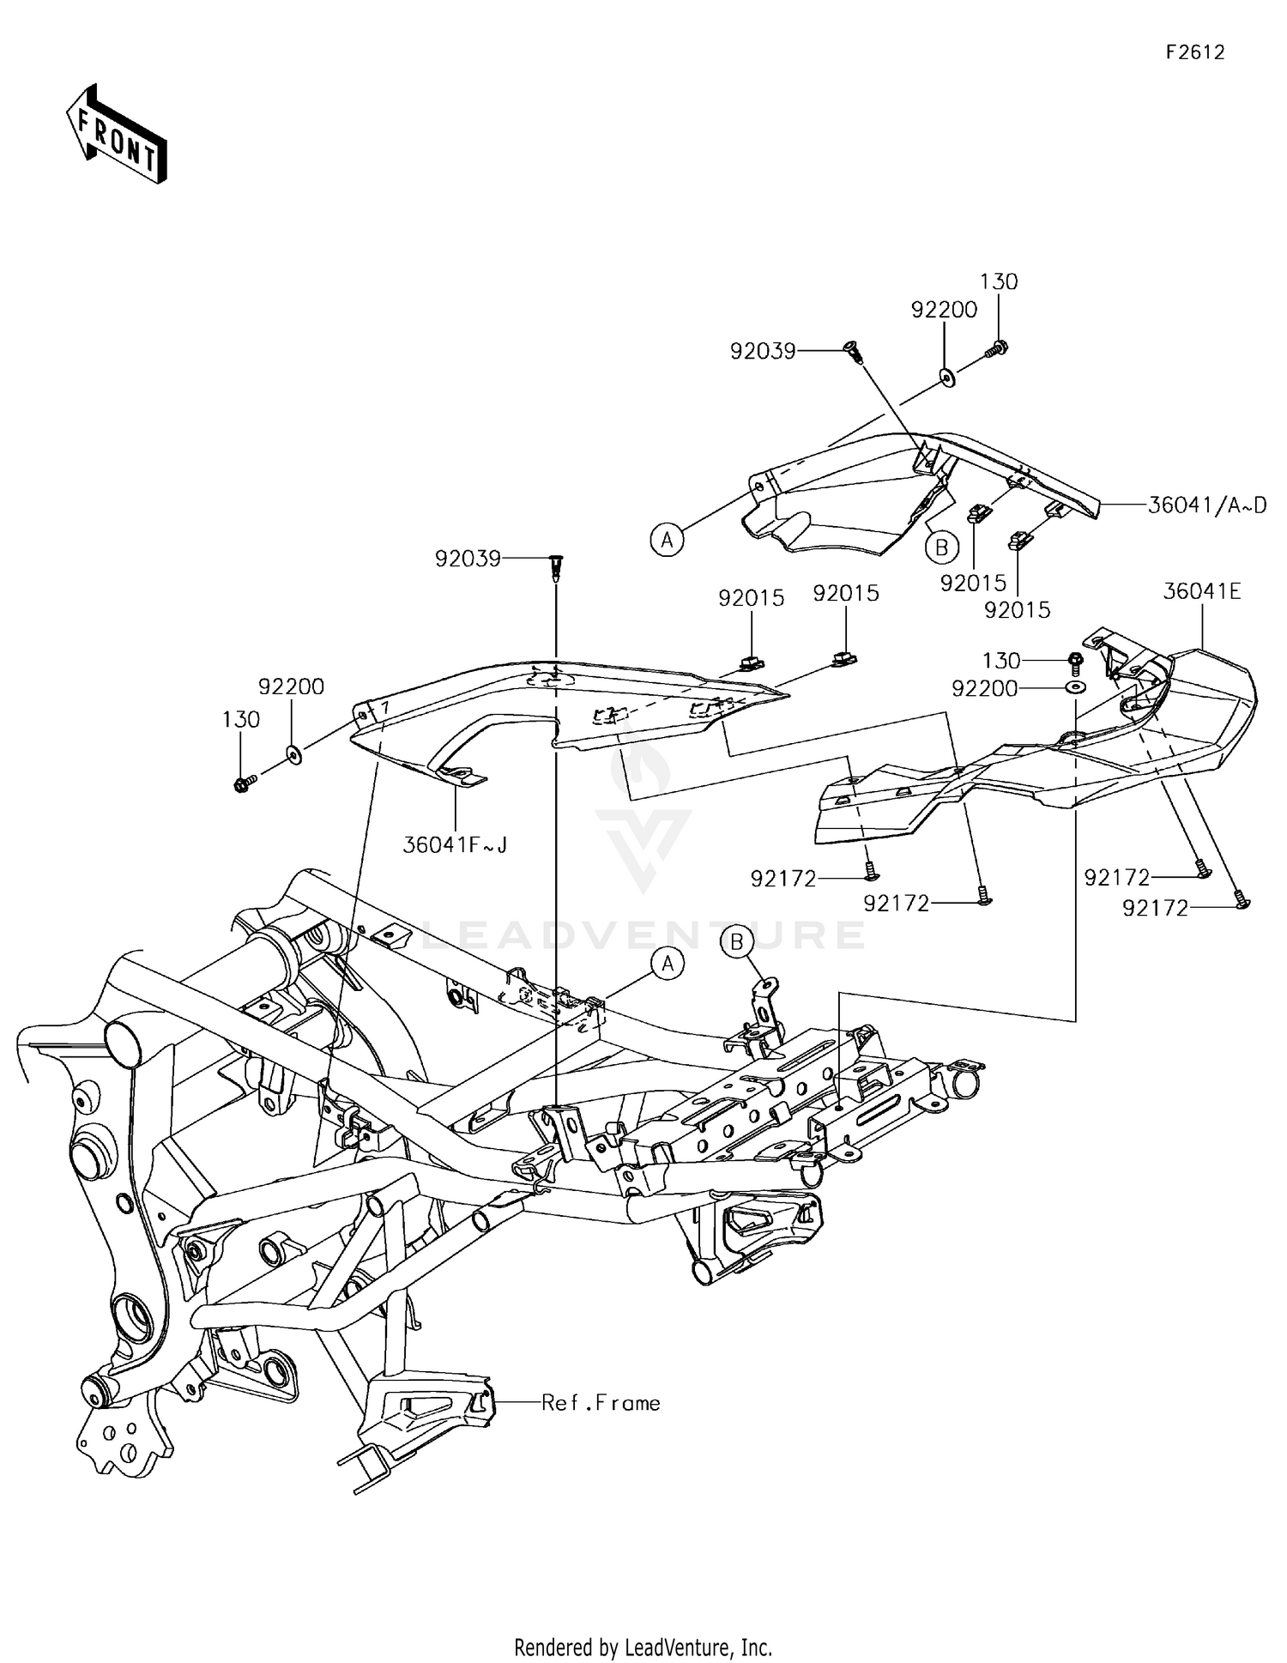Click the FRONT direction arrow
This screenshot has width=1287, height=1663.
point(117,134)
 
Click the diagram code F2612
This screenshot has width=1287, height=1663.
point(1194,52)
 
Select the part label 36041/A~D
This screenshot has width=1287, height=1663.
point(1207,505)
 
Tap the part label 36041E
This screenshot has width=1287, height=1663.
point(1202,591)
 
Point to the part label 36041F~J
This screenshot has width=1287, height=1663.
point(455,845)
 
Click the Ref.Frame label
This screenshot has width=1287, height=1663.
point(601,1403)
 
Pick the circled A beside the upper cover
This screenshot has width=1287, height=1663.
point(667,540)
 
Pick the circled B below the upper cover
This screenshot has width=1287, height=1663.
point(941,547)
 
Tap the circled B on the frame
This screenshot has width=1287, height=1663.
point(737,942)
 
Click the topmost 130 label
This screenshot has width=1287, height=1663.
point(999,281)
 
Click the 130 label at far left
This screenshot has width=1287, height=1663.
point(240,719)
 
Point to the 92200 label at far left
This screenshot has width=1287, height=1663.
point(291,686)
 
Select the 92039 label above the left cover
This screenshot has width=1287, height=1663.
point(468,559)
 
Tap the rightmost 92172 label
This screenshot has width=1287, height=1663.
point(1155,908)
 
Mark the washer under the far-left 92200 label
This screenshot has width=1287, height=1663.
point(294,754)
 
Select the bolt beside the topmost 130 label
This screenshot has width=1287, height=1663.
point(998,348)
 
